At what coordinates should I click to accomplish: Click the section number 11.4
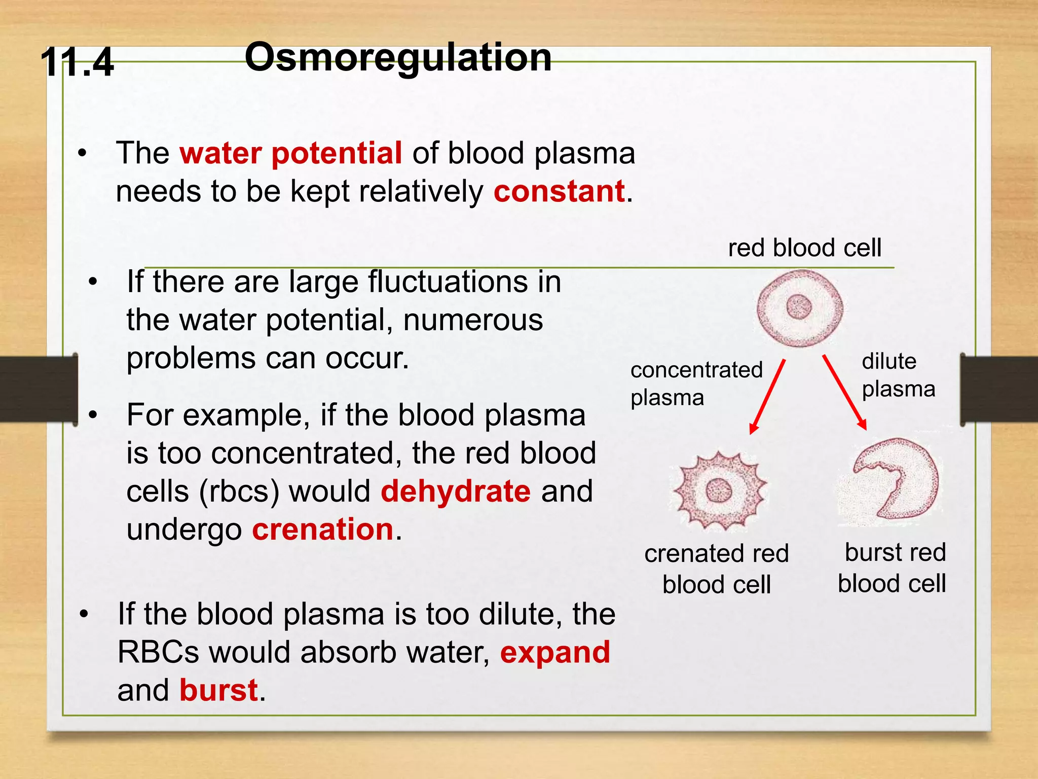tap(77, 62)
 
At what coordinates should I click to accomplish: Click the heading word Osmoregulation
tap(398, 57)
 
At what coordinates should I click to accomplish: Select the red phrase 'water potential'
tap(291, 153)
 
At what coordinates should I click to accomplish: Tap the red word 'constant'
tap(559, 192)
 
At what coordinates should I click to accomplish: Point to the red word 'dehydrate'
tap(456, 491)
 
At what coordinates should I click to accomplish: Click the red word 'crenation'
tap(323, 529)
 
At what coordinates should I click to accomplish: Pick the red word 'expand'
tap(555, 652)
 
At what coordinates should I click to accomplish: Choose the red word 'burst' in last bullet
tap(219, 690)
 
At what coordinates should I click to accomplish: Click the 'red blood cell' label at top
tap(804, 248)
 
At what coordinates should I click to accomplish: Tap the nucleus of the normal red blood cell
tap(799, 307)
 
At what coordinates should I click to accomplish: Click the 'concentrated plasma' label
tap(696, 383)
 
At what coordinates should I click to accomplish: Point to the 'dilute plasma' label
tap(898, 375)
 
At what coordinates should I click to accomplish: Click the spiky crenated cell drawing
tap(719, 490)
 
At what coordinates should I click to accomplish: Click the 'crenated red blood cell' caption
tap(716, 569)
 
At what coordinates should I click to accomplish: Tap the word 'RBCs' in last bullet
tap(158, 652)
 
